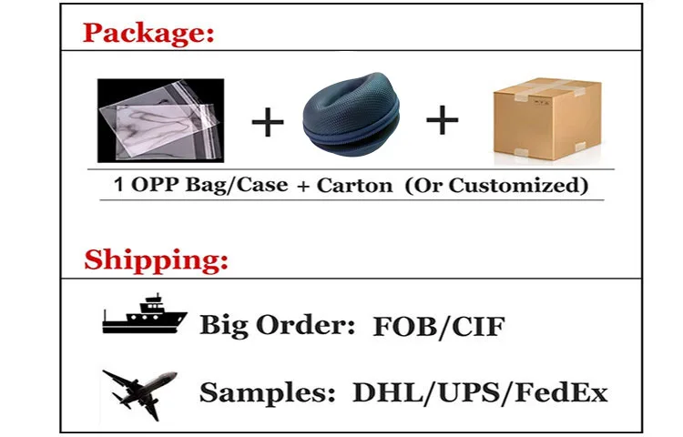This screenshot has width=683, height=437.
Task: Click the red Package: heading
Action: pyautogui.click(x=149, y=36)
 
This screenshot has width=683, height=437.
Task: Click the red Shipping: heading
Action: pyautogui.click(x=156, y=260)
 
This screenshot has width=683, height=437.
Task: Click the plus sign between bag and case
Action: pyautogui.click(x=267, y=122)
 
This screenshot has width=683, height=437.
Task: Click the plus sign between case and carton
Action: pyautogui.click(x=443, y=120)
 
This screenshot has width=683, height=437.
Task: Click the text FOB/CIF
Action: pyautogui.click(x=438, y=326)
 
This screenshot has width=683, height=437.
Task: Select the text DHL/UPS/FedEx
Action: pyautogui.click(x=480, y=393)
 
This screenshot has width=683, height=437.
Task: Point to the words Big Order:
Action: pyautogui.click(x=276, y=326)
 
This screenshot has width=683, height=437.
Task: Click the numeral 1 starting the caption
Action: pyautogui.click(x=118, y=186)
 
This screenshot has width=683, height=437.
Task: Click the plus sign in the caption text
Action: pyautogui.click(x=302, y=186)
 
